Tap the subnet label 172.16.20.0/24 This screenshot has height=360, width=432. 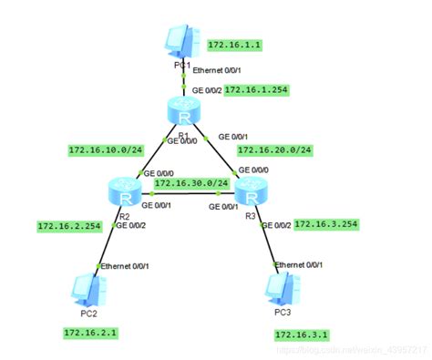273,149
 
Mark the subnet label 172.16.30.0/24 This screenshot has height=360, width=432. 190,183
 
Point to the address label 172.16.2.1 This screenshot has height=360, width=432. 90,334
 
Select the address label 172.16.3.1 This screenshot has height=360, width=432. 301,335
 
